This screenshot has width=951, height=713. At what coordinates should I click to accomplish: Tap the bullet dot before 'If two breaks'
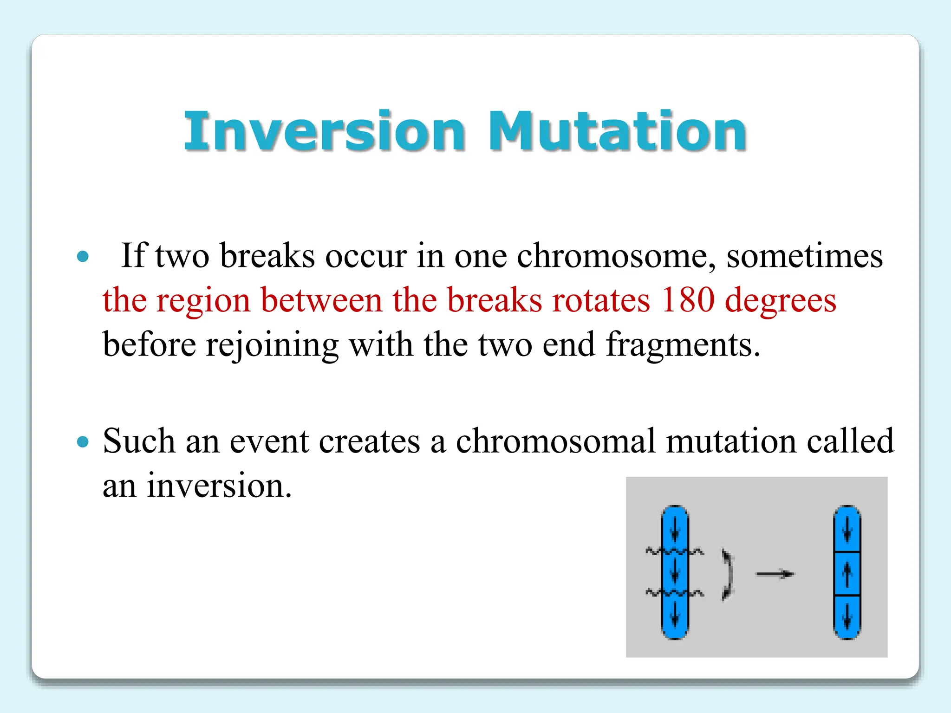(83, 256)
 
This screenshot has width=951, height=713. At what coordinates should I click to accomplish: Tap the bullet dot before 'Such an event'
(83, 441)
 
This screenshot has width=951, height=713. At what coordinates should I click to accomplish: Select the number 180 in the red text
(688, 300)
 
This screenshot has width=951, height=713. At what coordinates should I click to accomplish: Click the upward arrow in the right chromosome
(847, 574)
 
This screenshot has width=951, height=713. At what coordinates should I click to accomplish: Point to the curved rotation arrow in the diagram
(728, 574)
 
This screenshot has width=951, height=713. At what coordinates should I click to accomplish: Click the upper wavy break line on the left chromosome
(674, 551)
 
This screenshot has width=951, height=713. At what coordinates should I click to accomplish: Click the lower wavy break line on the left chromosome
(674, 593)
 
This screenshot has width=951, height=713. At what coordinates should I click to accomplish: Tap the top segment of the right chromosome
(847, 529)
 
